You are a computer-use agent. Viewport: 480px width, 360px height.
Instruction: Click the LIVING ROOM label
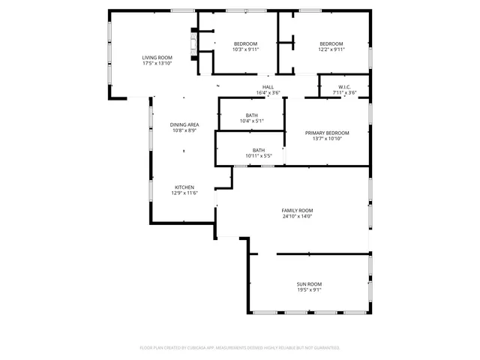pyautogui.click(x=157, y=58)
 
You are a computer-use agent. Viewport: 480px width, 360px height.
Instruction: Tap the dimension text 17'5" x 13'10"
pyautogui.click(x=157, y=64)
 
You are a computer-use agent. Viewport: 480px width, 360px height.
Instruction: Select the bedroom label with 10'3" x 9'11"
pyautogui.click(x=245, y=43)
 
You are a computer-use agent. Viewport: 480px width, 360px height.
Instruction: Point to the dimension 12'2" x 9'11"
pyautogui.click(x=331, y=49)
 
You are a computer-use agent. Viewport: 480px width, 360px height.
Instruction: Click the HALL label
pyautogui.click(x=268, y=87)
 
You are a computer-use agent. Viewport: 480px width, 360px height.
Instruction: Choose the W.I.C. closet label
pyautogui.click(x=344, y=87)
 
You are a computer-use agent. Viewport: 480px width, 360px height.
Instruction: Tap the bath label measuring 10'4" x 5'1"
pyautogui.click(x=251, y=115)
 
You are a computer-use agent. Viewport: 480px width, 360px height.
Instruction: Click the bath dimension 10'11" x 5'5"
pyautogui.click(x=258, y=156)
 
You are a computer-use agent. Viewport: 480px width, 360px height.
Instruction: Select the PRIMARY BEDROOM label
pyautogui.click(x=327, y=133)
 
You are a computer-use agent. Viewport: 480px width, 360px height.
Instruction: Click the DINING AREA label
pyautogui.click(x=184, y=124)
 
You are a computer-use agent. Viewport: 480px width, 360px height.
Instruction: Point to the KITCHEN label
pyautogui.click(x=184, y=187)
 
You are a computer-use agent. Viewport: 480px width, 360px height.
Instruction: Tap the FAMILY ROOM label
pyautogui.click(x=297, y=210)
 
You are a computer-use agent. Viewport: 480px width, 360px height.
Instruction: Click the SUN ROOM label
pyautogui.click(x=309, y=283)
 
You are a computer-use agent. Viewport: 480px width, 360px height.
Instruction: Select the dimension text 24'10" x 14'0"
pyautogui.click(x=297, y=217)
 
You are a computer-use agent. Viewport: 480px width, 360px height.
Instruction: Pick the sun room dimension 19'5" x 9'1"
pyautogui.click(x=309, y=290)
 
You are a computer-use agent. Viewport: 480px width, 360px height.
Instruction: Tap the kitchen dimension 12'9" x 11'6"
pyautogui.click(x=184, y=193)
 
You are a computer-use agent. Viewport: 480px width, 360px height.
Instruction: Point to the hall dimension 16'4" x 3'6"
pyautogui.click(x=268, y=93)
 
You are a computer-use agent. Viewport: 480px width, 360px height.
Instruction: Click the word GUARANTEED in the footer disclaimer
pyautogui.click(x=325, y=348)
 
